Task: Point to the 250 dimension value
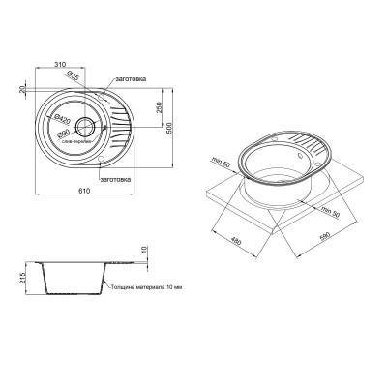tap(157, 105)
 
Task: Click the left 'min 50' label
tap(219, 162)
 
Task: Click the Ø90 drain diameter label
tap(62, 132)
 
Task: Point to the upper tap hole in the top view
tap(104, 94)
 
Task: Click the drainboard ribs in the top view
tap(117, 126)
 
